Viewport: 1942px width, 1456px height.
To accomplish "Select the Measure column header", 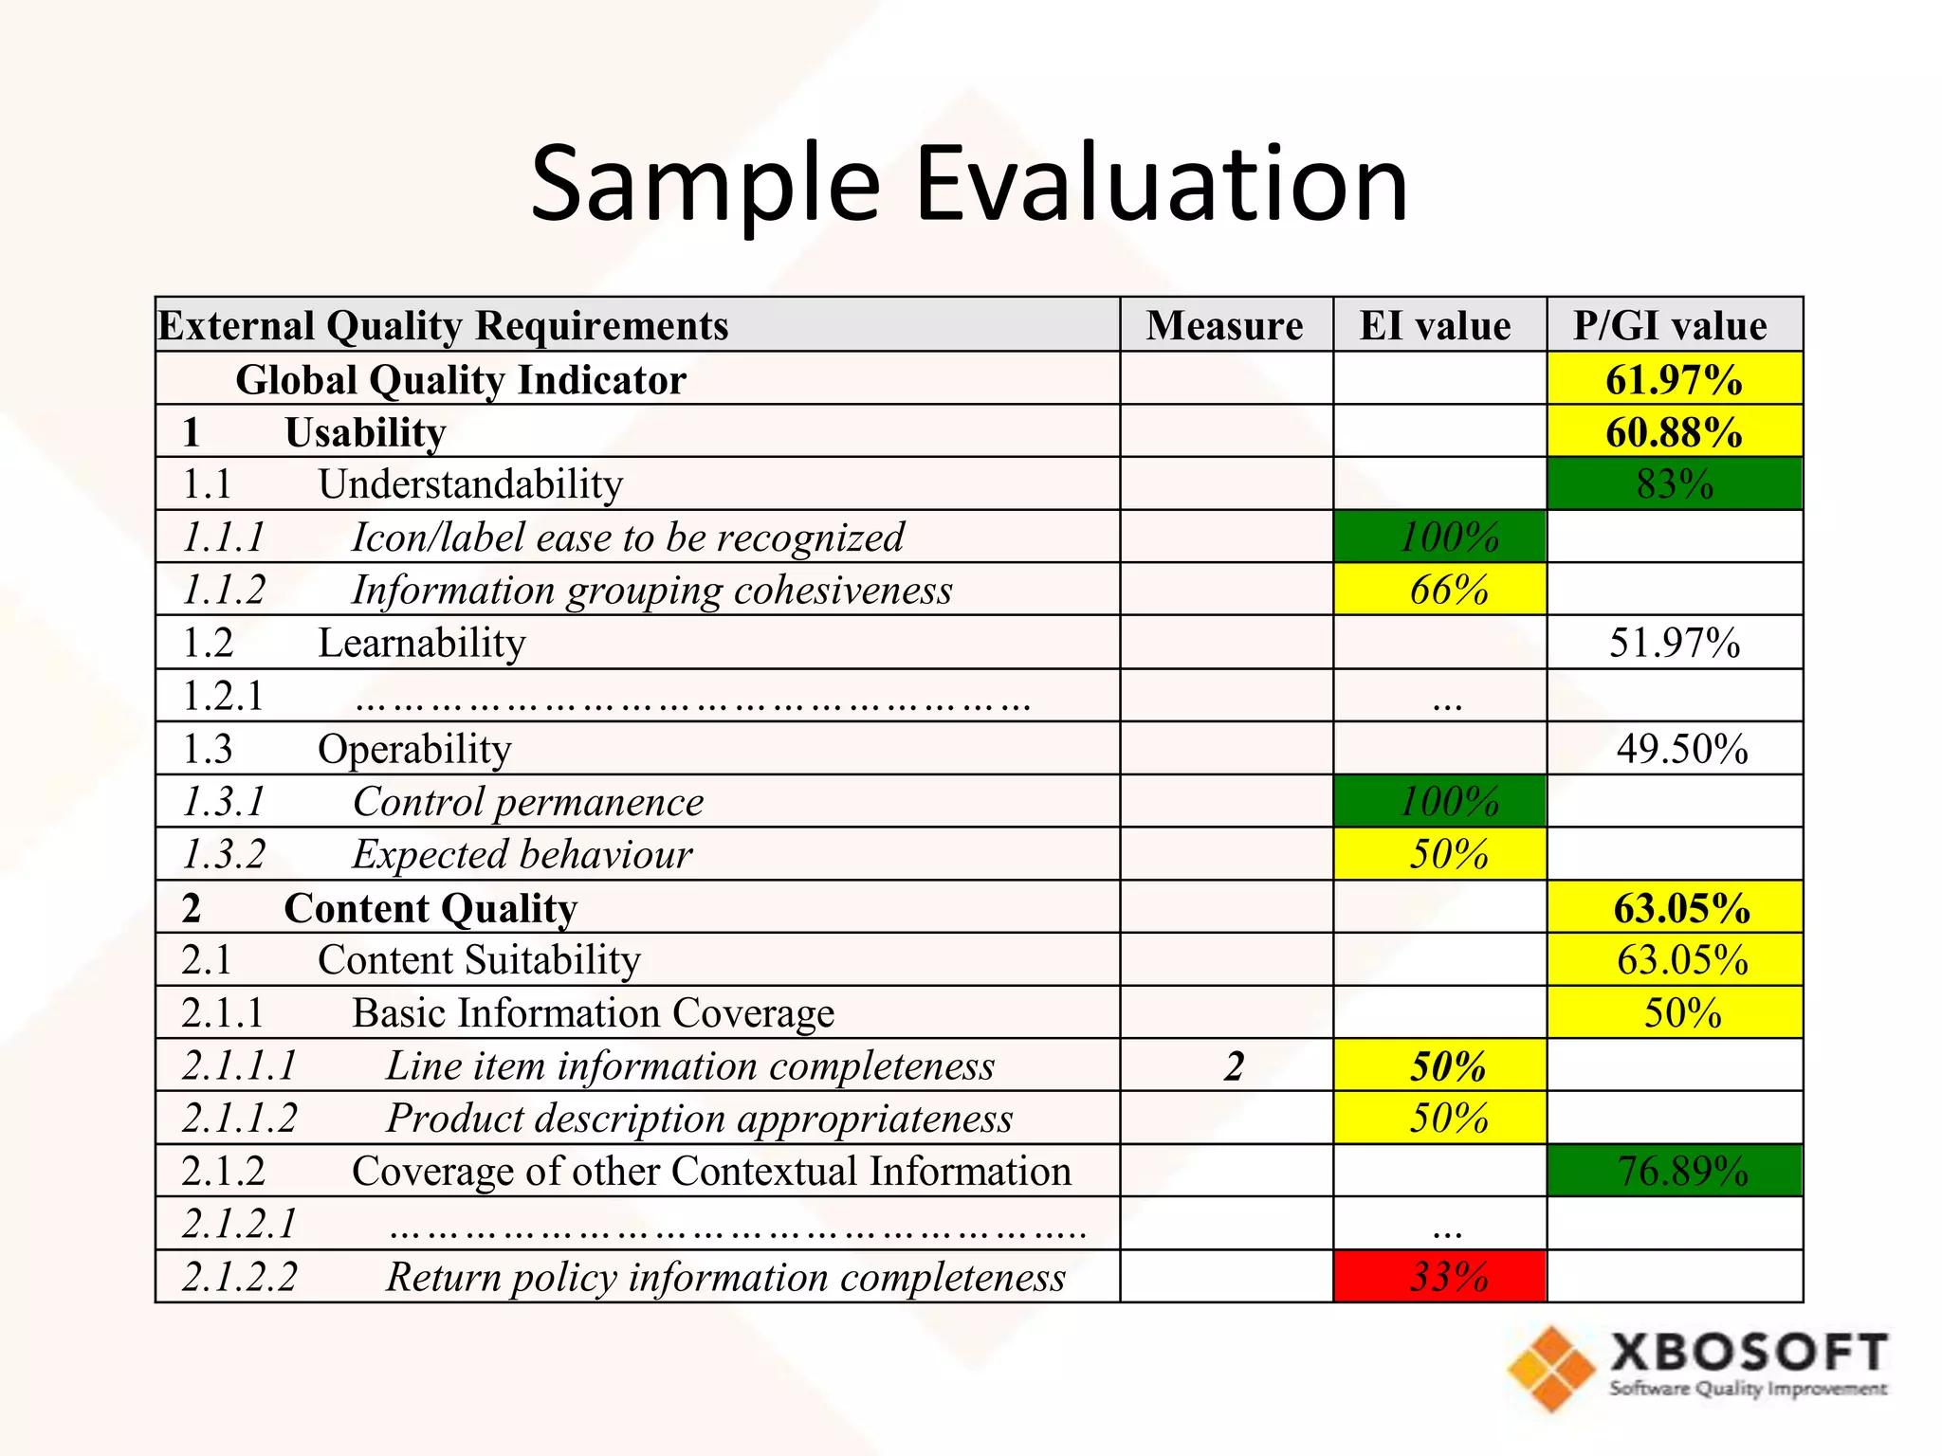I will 1224,325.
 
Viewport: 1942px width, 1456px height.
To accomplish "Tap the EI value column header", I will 1436,325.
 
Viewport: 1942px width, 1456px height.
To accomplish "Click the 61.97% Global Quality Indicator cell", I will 1674,379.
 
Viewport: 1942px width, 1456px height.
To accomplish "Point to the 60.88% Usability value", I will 1674,432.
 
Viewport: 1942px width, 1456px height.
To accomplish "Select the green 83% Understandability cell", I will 1675,484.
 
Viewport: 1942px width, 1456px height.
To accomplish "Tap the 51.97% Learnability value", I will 1675,643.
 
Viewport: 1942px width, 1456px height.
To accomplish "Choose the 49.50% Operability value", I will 1682,749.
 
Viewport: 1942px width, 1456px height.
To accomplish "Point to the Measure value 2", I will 1234,1066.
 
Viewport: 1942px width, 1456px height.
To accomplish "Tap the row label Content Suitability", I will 479,960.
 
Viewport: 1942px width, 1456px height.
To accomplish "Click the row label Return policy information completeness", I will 725,1277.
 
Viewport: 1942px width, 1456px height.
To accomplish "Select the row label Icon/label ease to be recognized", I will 628,537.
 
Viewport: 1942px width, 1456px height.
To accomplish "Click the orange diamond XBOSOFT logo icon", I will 1551,1368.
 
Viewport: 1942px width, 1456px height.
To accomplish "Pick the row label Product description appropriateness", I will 699,1119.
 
